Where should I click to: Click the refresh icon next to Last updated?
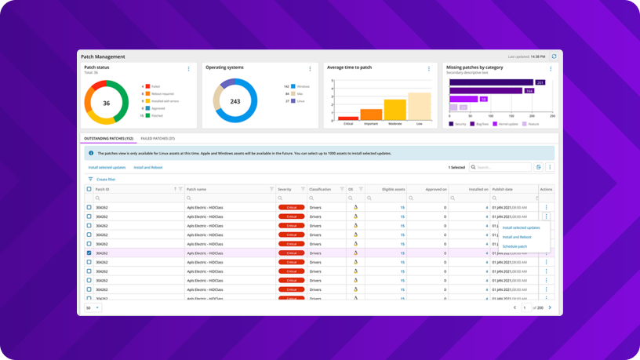point(554,56)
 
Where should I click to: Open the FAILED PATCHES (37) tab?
point(158,139)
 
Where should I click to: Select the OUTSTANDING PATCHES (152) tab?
point(108,139)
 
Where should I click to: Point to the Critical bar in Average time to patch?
point(348,118)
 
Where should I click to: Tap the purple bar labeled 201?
point(492,82)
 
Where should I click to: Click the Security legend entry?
point(457,124)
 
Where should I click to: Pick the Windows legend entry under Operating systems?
point(301,86)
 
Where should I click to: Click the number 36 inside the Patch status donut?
point(106,103)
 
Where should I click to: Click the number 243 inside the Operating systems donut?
point(235,101)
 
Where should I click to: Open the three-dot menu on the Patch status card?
point(188,69)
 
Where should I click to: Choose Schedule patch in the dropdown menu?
point(515,246)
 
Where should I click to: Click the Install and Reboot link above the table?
point(147,167)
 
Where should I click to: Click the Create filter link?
point(105,180)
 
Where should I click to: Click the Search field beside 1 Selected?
point(503,167)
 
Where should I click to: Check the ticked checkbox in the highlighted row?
point(89,253)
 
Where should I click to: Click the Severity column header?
point(285,189)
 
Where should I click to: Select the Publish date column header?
point(503,189)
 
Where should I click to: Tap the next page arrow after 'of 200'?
point(550,307)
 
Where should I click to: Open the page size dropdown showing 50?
point(93,308)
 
